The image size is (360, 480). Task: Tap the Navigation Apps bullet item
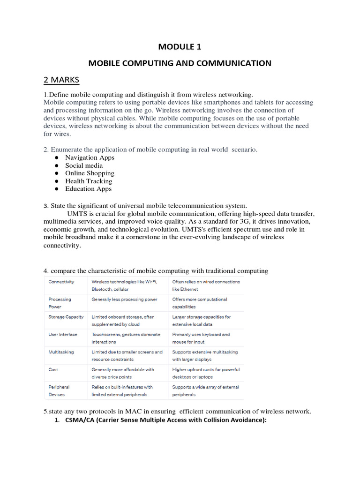(x=90, y=157)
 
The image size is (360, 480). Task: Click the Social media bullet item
(x=84, y=165)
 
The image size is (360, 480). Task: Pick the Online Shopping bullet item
(x=90, y=173)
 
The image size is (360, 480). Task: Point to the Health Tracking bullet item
(x=89, y=181)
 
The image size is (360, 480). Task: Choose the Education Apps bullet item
(x=88, y=189)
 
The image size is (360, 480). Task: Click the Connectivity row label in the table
(x=61, y=282)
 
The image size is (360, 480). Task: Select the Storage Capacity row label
(x=66, y=317)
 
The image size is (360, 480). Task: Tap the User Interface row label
(x=63, y=335)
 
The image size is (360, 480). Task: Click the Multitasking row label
(x=61, y=352)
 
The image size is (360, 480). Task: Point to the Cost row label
(x=53, y=370)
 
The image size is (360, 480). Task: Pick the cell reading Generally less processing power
(x=125, y=300)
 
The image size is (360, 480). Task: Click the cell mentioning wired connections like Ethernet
(x=206, y=285)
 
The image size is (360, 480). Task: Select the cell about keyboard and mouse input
(x=201, y=338)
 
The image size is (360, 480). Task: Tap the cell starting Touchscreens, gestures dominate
(x=126, y=338)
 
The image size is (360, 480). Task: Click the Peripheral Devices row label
(x=59, y=391)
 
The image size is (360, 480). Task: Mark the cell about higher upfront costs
(x=206, y=373)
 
